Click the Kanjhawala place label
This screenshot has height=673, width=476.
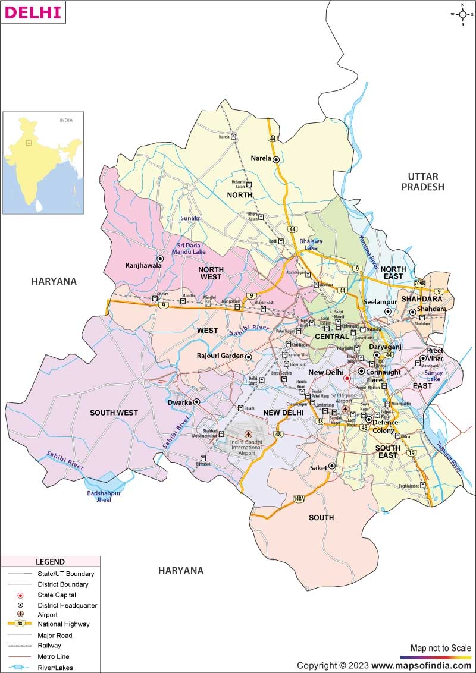click(143, 266)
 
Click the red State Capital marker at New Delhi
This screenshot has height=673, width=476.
click(347, 378)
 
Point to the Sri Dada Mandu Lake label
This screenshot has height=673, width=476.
click(189, 248)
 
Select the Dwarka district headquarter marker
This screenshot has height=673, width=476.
click(196, 402)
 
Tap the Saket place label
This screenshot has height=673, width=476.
click(318, 468)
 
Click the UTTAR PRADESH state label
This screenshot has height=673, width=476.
click(422, 181)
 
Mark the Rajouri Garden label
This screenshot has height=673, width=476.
click(220, 356)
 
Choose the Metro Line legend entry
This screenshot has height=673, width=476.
click(53, 656)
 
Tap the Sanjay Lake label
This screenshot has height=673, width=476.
click(434, 375)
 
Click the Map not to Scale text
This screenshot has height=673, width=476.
click(440, 647)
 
